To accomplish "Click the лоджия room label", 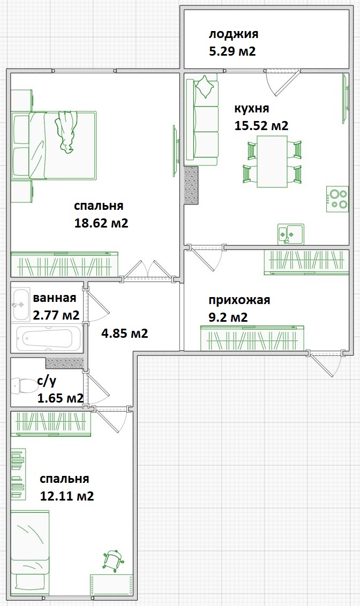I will tap(234, 35).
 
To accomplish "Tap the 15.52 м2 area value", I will tap(261, 126).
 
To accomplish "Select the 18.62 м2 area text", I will tap(101, 223).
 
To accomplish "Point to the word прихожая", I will tap(239, 300).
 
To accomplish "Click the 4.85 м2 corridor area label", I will tap(125, 334).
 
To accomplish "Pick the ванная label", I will tap(55, 298).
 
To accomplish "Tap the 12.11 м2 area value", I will tap(67, 496).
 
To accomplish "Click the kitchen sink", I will tap(290, 234).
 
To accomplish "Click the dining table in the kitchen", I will tap(272, 161).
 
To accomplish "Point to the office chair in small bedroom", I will tap(112, 559).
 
